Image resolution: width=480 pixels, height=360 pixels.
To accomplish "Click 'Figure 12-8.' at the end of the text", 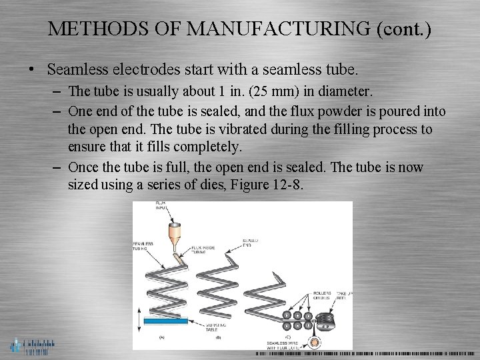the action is pyautogui.click(x=267, y=185).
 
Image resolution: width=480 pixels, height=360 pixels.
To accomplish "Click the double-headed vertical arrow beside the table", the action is pyautogui.click(x=138, y=323).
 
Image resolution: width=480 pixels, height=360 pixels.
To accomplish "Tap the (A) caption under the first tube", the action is pyautogui.click(x=161, y=339).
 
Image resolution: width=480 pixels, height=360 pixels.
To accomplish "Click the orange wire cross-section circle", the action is pyautogui.click(x=313, y=343).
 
